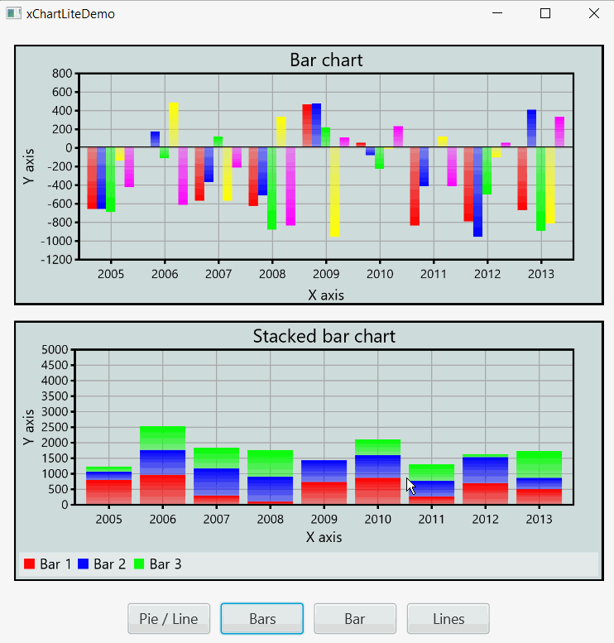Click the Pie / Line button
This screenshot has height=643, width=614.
tap(169, 618)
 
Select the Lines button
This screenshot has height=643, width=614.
tap(448, 618)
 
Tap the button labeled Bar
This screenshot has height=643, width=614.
tap(355, 618)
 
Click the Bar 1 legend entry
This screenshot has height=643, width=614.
tap(47, 564)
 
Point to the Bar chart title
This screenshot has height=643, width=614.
tap(326, 60)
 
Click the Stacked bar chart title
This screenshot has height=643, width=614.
tap(324, 336)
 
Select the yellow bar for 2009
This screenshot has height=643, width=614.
tap(334, 192)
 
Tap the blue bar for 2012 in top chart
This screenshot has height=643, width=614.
tap(477, 192)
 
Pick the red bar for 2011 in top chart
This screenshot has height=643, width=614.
tap(415, 186)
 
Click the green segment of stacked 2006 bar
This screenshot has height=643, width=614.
tap(162, 438)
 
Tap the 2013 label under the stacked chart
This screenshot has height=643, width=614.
tap(540, 519)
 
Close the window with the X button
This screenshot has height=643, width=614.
tap(593, 13)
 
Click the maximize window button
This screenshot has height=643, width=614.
tap(544, 13)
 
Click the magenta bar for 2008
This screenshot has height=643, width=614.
tap(290, 186)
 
